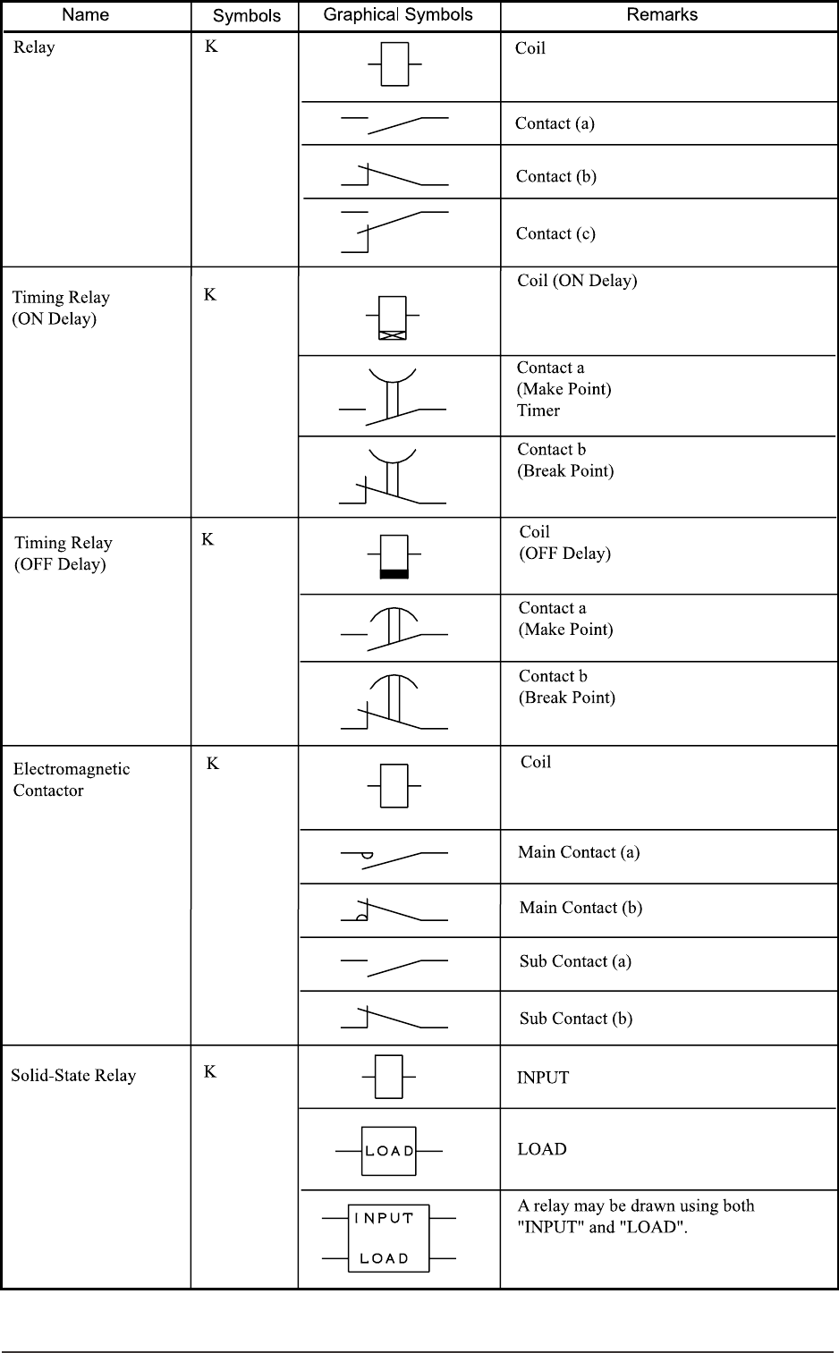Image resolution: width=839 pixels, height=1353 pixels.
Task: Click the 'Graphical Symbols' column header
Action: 398,14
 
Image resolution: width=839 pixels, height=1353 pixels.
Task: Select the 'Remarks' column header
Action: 662,14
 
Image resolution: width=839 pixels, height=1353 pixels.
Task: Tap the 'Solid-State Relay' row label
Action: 73,1075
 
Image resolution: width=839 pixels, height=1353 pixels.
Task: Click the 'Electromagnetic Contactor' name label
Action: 71,780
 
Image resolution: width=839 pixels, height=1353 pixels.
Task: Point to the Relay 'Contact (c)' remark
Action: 555,233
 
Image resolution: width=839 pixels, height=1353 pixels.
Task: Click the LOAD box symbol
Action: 389,1151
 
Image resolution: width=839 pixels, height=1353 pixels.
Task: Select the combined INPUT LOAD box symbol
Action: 389,1238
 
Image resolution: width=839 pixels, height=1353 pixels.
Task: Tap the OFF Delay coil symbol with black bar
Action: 394,556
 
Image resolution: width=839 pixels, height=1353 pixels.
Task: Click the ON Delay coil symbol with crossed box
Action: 393,317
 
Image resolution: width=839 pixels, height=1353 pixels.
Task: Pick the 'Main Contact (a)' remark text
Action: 579,852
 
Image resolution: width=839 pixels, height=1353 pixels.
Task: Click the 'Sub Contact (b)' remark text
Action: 576,1019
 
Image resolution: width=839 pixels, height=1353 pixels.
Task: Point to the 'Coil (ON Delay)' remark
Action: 577,281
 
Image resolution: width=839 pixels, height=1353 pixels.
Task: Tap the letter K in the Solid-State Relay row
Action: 210,1071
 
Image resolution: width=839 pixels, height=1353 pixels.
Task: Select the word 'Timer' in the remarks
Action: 538,410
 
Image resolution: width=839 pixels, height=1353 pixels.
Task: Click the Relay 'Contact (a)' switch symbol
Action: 394,123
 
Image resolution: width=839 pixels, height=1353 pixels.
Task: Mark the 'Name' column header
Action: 86,14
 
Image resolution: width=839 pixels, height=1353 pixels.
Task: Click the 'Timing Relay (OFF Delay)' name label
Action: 64,554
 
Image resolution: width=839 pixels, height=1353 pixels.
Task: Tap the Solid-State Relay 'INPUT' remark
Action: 543,1078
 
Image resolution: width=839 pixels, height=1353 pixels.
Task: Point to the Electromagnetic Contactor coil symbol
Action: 394,786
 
